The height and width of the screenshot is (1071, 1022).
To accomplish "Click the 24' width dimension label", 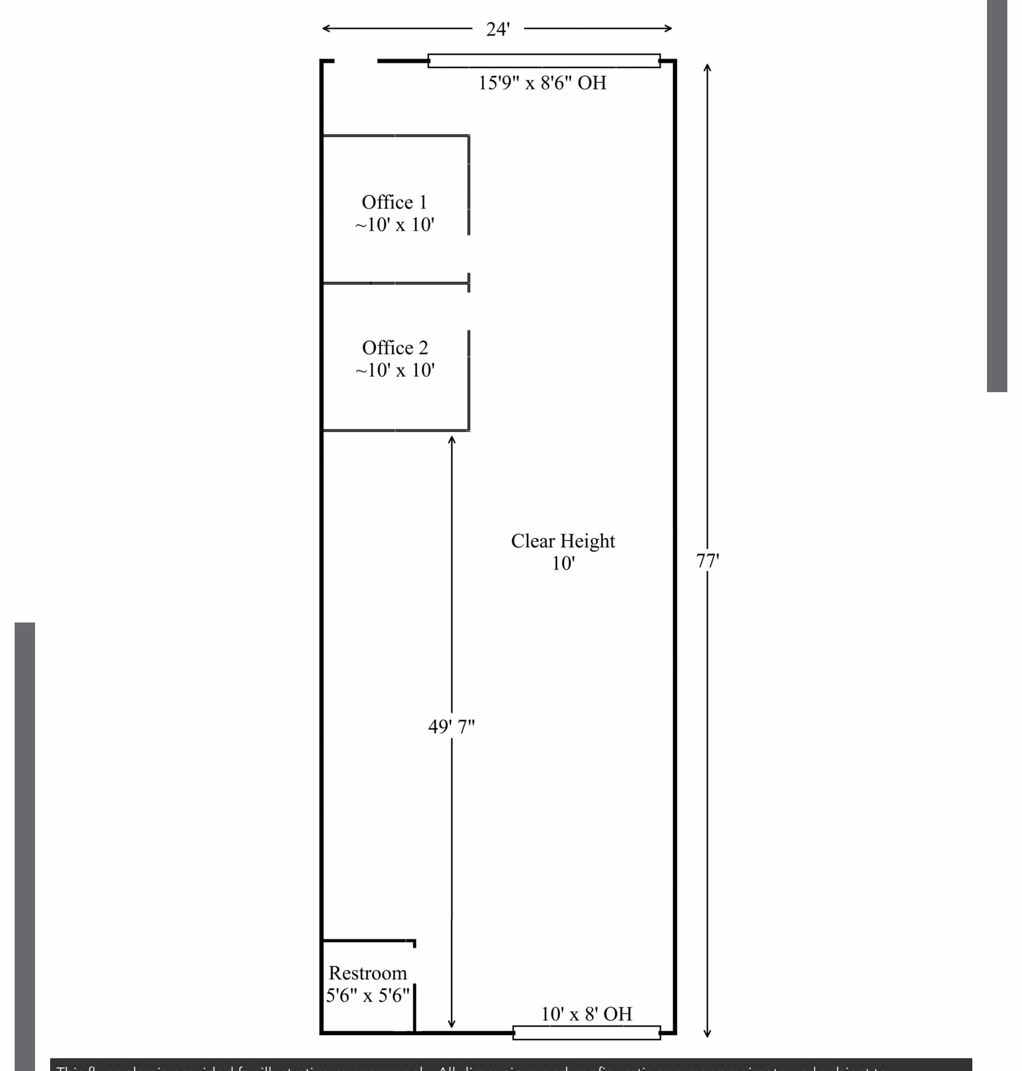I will pyautogui.click(x=497, y=29).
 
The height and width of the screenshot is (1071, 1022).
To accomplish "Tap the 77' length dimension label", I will pyautogui.click(x=707, y=561).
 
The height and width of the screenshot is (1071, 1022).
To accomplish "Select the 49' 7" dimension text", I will pyautogui.click(x=451, y=726).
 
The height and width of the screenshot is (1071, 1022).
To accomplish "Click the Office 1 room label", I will pyautogui.click(x=394, y=202).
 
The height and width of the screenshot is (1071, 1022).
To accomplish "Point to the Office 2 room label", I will pyautogui.click(x=395, y=348).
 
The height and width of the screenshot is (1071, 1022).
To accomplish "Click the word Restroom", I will pyautogui.click(x=368, y=973).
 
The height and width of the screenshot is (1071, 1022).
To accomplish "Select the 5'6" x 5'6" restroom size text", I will pyautogui.click(x=368, y=995).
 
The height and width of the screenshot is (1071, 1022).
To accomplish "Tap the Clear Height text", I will pyautogui.click(x=563, y=541).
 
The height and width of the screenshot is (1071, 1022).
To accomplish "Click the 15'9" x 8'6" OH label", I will pyautogui.click(x=542, y=83).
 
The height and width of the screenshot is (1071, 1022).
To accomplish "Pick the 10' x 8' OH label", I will pyautogui.click(x=586, y=1014).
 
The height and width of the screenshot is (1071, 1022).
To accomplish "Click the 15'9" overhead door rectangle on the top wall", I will pyautogui.click(x=543, y=61).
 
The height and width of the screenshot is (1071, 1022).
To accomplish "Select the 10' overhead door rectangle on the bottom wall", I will pyautogui.click(x=586, y=1032).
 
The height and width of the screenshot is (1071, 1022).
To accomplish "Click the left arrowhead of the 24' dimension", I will pyautogui.click(x=325, y=28).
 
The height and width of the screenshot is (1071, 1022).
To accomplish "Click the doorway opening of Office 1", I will pyautogui.click(x=469, y=254).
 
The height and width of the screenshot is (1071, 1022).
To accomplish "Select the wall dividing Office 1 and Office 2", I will pyautogui.click(x=395, y=283).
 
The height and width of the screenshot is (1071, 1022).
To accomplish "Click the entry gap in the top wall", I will pyautogui.click(x=355, y=61).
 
